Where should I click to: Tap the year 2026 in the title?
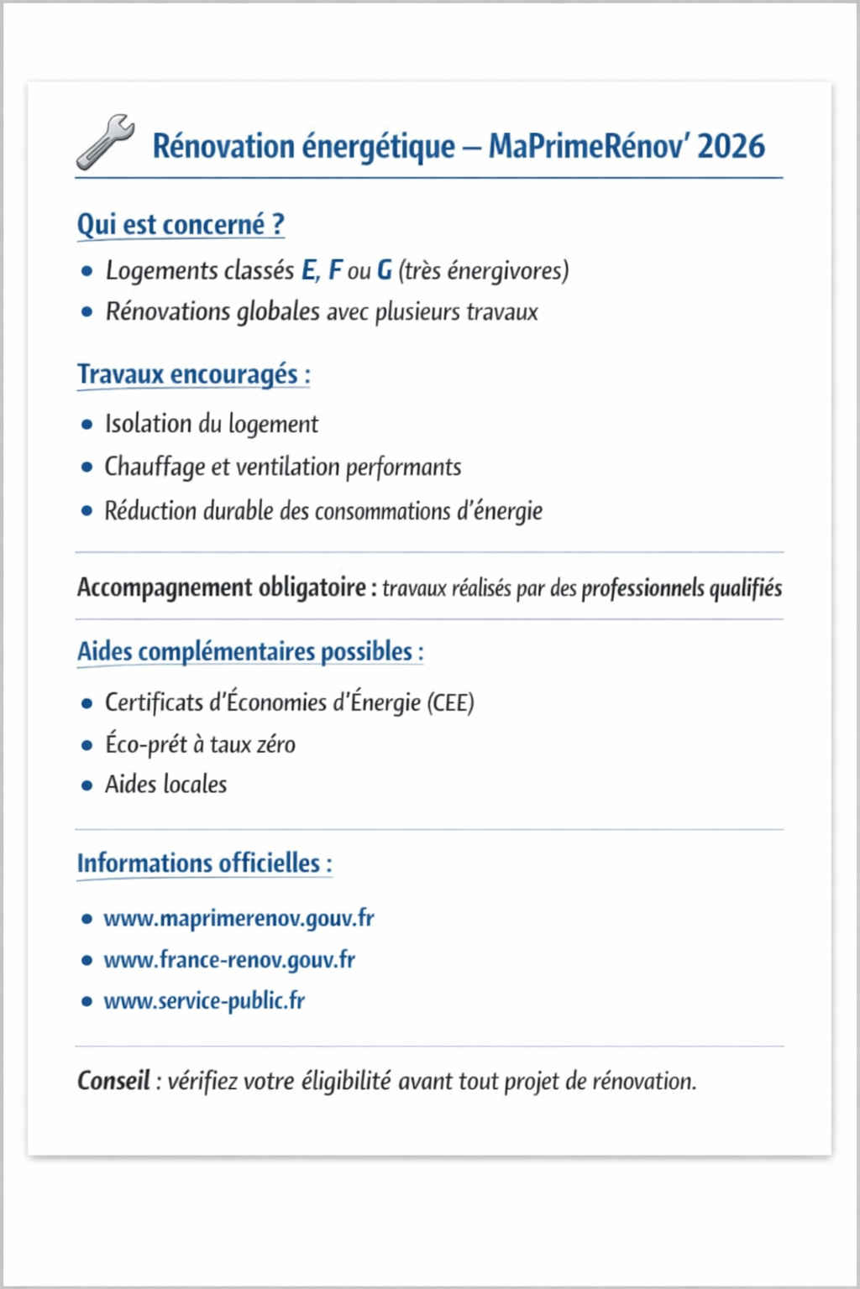pyautogui.click(x=731, y=146)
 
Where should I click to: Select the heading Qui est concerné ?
pyautogui.click(x=181, y=225)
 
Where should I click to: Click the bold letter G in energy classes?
pyautogui.click(x=385, y=270)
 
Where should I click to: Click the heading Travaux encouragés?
pyautogui.click(x=193, y=374)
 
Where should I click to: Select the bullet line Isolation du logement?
pyautogui.click(x=211, y=424)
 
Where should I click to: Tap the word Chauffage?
pyautogui.click(x=155, y=467)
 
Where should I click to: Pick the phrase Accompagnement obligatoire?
pyautogui.click(x=222, y=587)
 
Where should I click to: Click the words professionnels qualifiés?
pyautogui.click(x=681, y=588)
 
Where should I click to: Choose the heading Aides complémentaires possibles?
pyautogui.click(x=249, y=652)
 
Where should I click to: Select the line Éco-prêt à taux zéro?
pyautogui.click(x=200, y=744)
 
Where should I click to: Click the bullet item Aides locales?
pyautogui.click(x=165, y=785)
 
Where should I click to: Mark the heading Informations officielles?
pyautogui.click(x=204, y=864)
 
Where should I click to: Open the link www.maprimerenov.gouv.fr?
pyautogui.click(x=239, y=918)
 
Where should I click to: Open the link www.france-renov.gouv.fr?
pyautogui.click(x=229, y=959)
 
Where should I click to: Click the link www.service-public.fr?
pyautogui.click(x=204, y=1000)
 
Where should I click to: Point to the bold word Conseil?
pyautogui.click(x=113, y=1081)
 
